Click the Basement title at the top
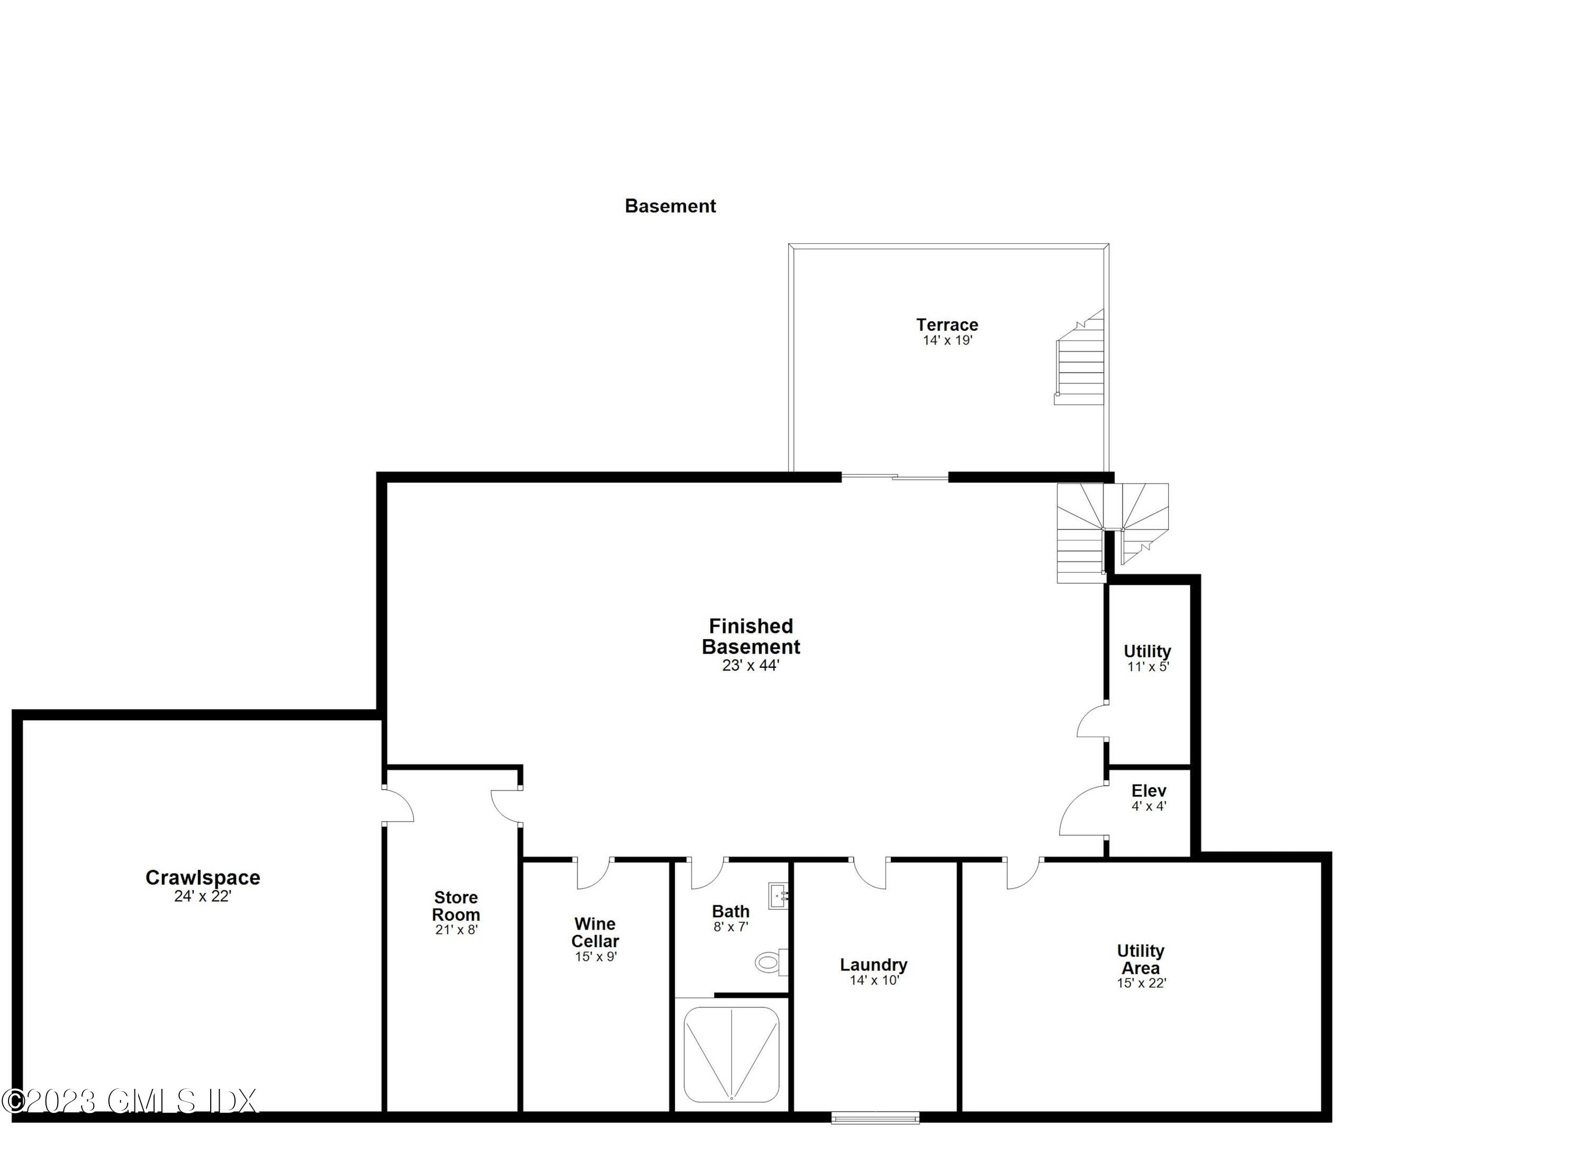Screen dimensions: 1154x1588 tap(670, 206)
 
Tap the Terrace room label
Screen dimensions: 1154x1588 tap(946, 325)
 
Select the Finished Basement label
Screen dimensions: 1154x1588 tap(751, 636)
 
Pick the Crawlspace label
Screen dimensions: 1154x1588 tap(202, 878)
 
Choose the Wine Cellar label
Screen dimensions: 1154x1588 tap(595, 932)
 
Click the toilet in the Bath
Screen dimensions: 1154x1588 tap(771, 962)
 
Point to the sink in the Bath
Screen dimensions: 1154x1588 tap(779, 895)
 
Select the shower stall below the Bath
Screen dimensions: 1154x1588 tap(731, 1055)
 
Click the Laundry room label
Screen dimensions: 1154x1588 tap(873, 965)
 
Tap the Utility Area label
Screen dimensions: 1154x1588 tap(1141, 959)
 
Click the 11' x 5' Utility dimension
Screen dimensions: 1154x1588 tap(1148, 667)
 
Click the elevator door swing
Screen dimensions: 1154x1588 tap(1082, 812)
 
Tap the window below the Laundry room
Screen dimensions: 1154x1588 tap(875, 1117)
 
